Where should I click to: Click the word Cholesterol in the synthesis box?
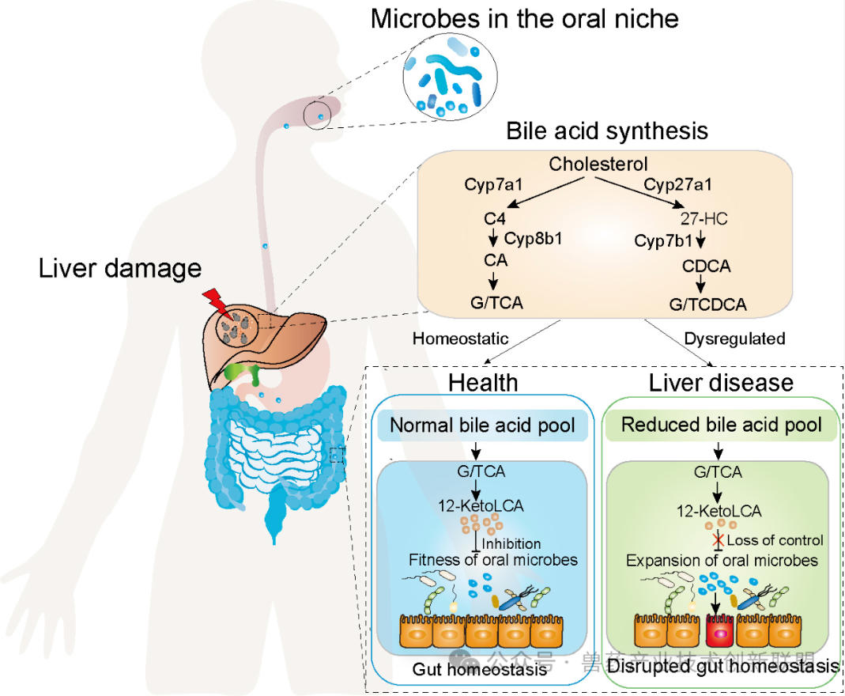click(598, 165)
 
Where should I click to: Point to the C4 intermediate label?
click(495, 215)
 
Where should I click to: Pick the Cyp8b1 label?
click(533, 238)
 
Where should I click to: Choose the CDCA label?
click(706, 267)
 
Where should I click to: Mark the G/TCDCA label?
click(707, 304)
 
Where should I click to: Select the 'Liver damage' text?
click(120, 268)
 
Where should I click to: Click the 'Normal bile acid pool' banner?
click(488, 425)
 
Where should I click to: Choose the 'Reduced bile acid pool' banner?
click(721, 424)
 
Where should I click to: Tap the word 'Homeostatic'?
click(460, 339)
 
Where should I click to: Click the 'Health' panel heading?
click(483, 383)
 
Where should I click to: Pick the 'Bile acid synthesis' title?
click(607, 130)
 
